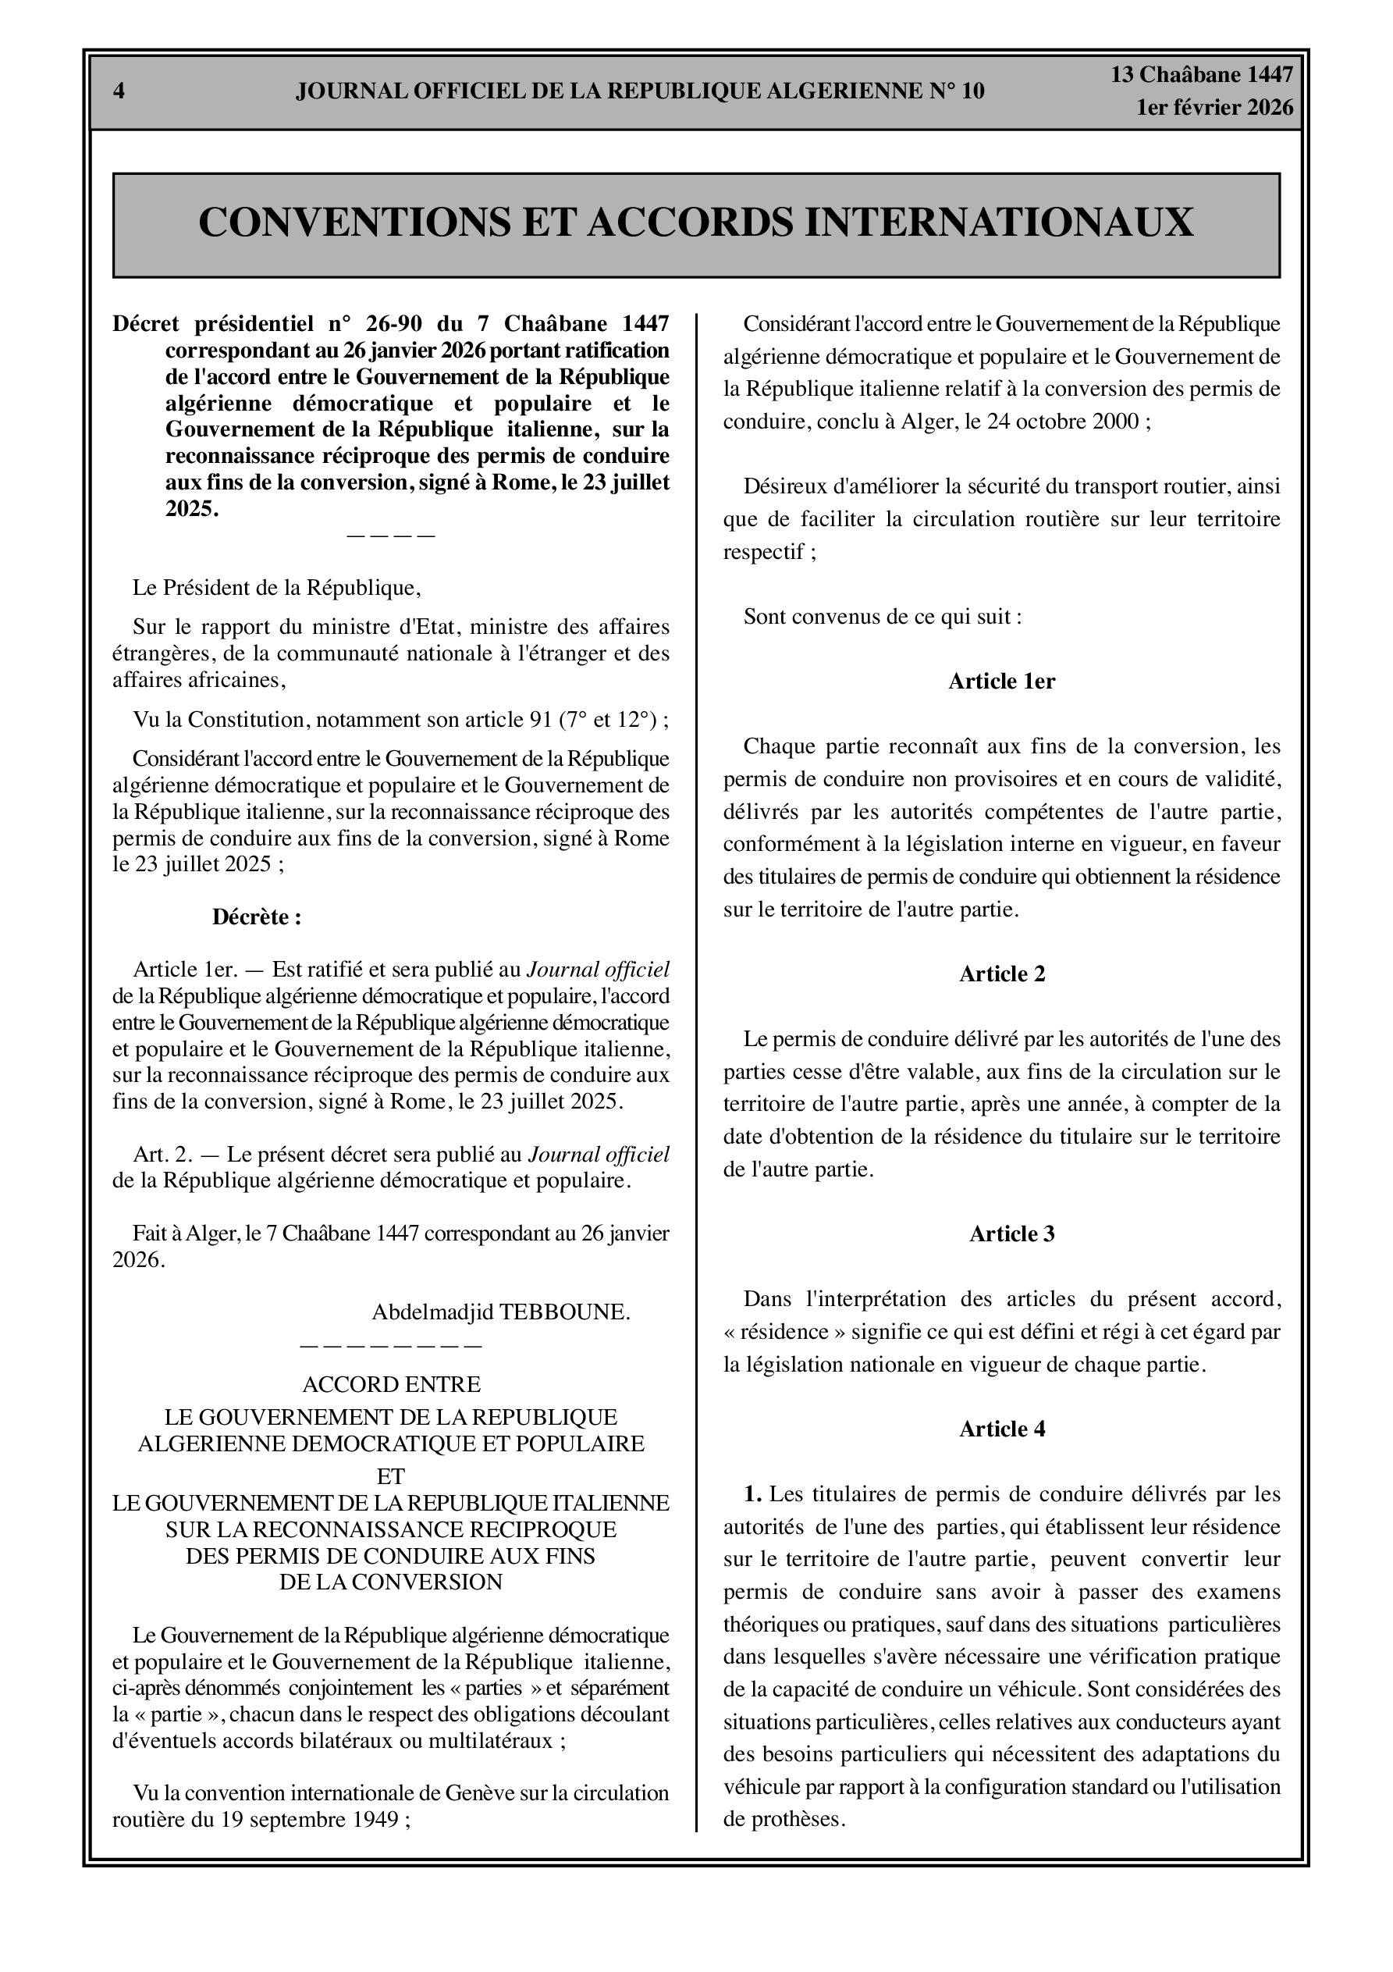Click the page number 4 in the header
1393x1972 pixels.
(119, 91)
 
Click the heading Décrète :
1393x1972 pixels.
(257, 917)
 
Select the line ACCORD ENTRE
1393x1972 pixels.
(391, 1384)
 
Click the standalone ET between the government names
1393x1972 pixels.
(391, 1476)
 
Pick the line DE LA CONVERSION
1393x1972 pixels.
(391, 1582)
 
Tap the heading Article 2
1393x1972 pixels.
(1001, 974)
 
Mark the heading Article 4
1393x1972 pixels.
(1001, 1429)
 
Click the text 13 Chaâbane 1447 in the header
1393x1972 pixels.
(1202, 75)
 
